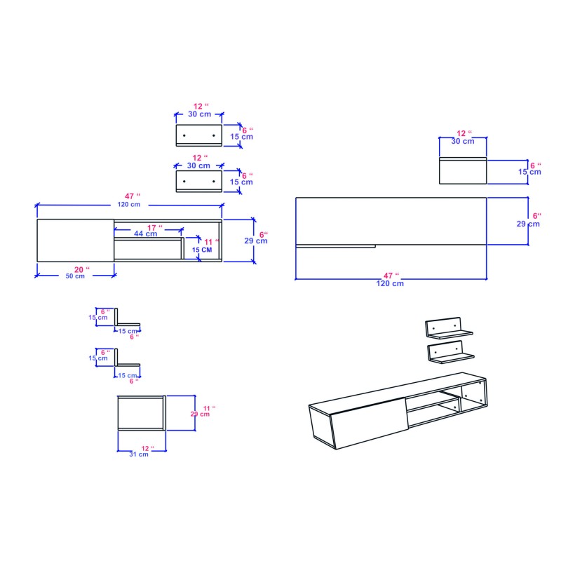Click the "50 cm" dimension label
[x=75, y=276]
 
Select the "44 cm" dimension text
[x=146, y=234]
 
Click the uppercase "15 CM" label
[x=202, y=250]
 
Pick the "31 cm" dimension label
[x=139, y=454]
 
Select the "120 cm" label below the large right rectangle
[x=389, y=283]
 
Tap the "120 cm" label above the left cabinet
[x=129, y=204]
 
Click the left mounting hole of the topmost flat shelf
[x=184, y=134]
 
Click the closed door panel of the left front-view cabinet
[x=75, y=241]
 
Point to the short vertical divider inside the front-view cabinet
[x=184, y=249]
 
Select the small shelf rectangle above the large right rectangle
[x=462, y=171]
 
